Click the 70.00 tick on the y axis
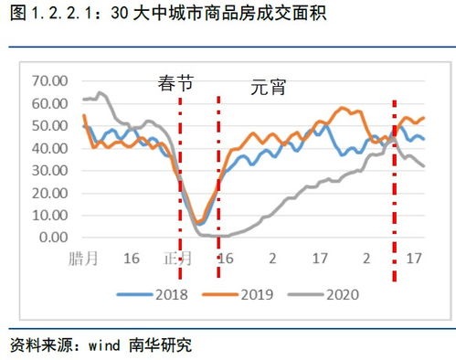tap(49, 81)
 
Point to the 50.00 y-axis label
tap(49, 125)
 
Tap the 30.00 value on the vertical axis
tap(49, 170)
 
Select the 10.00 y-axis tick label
tap(49, 215)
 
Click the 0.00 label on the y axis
tap(53, 237)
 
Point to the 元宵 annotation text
tap(270, 89)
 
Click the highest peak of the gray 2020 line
tap(100, 93)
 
